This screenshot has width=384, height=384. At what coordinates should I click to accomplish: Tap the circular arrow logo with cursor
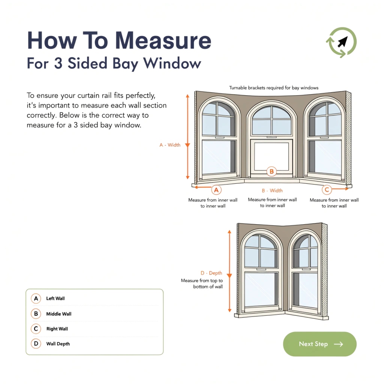pyautogui.click(x=341, y=42)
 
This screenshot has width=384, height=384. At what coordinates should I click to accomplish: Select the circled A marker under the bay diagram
pyautogui.click(x=216, y=190)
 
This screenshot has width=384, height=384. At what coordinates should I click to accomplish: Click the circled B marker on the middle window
pyautogui.click(x=271, y=172)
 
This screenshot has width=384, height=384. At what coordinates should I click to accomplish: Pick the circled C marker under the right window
pyautogui.click(x=327, y=190)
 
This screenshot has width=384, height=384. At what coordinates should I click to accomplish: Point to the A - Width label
pyautogui.click(x=170, y=145)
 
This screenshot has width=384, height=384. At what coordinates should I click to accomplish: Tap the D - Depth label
pyautogui.click(x=211, y=273)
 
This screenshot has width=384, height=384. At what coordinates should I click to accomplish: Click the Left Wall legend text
pyautogui.click(x=55, y=298)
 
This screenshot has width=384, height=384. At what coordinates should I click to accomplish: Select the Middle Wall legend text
pyautogui.click(x=58, y=314)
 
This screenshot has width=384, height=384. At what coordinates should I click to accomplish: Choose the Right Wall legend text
pyautogui.click(x=57, y=329)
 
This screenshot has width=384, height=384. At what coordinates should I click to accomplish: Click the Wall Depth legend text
pyautogui.click(x=58, y=344)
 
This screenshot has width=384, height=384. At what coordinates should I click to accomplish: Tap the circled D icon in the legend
pyautogui.click(x=36, y=344)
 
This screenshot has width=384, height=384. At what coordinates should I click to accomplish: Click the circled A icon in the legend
pyautogui.click(x=36, y=298)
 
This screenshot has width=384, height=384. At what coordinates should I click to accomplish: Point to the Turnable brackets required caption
pyautogui.click(x=274, y=88)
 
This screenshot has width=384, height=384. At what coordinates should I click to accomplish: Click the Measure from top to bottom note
pyautogui.click(x=202, y=283)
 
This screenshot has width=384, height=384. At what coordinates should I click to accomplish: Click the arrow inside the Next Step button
pyautogui.click(x=338, y=344)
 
